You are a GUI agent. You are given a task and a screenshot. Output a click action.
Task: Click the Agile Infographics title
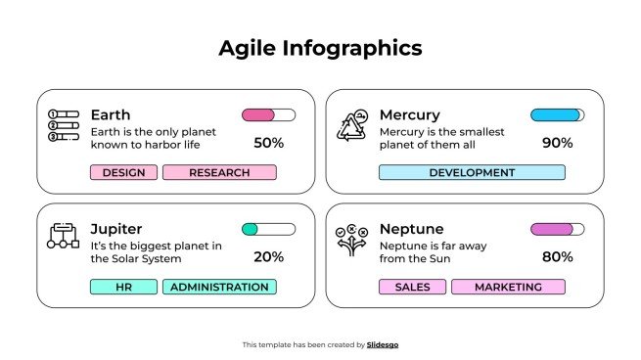pyautogui.click(x=320, y=48)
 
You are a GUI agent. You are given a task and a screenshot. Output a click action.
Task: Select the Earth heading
pyautogui.click(x=110, y=114)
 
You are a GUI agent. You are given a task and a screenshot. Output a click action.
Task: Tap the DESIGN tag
pyautogui.click(x=123, y=173)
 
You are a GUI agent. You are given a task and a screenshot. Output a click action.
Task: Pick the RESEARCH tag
pyautogui.click(x=219, y=173)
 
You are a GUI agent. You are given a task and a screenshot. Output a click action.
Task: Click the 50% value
pyautogui.click(x=268, y=143)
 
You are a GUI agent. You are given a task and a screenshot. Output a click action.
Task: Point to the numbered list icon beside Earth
pyautogui.click(x=64, y=126)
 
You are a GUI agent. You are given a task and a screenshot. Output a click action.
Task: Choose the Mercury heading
pyautogui.click(x=409, y=114)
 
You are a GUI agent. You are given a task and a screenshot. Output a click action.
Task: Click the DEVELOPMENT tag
pyautogui.click(x=472, y=173)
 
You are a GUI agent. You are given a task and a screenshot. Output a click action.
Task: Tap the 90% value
pyautogui.click(x=557, y=143)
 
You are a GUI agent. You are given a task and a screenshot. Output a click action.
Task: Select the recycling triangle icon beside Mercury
pyautogui.click(x=352, y=127)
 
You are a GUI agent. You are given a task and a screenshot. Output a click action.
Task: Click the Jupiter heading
pyautogui.click(x=115, y=229)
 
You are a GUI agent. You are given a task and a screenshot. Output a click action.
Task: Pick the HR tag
pyautogui.click(x=123, y=288)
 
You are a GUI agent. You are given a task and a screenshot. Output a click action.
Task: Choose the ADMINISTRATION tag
pyautogui.click(x=219, y=288)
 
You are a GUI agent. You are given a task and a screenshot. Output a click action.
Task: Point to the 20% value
pyautogui.click(x=268, y=257)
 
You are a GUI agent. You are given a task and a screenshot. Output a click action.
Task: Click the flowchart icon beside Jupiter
pyautogui.click(x=64, y=236)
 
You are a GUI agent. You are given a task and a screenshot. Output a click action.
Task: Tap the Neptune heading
pyautogui.click(x=411, y=229)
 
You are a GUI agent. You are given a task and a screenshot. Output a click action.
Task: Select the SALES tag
pyautogui.click(x=412, y=288)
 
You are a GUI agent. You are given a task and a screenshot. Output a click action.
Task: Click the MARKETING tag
pyautogui.click(x=508, y=288)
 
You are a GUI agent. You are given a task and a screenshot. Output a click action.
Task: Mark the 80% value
pyautogui.click(x=557, y=257)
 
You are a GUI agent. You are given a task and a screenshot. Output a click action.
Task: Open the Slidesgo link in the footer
pyautogui.click(x=383, y=344)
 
